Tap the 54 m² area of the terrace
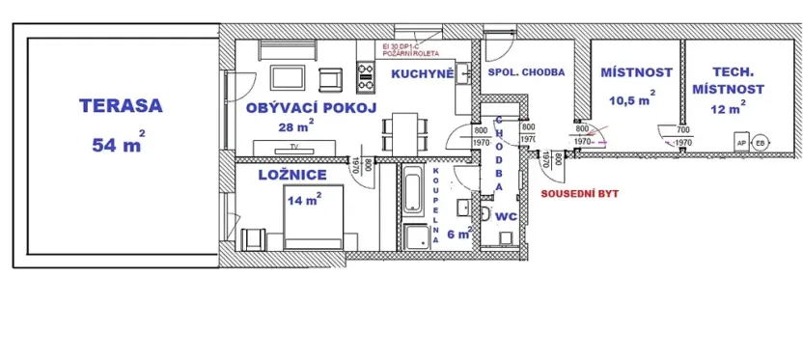tap(117, 145)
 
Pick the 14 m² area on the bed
tap(303, 200)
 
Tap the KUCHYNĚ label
tap(422, 72)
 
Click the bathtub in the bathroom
tap(412, 190)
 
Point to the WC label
tap(507, 218)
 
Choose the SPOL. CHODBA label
tap(526, 72)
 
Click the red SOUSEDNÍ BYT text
tap(579, 193)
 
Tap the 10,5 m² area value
tap(631, 98)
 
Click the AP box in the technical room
tap(741, 142)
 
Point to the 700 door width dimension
tap(682, 128)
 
